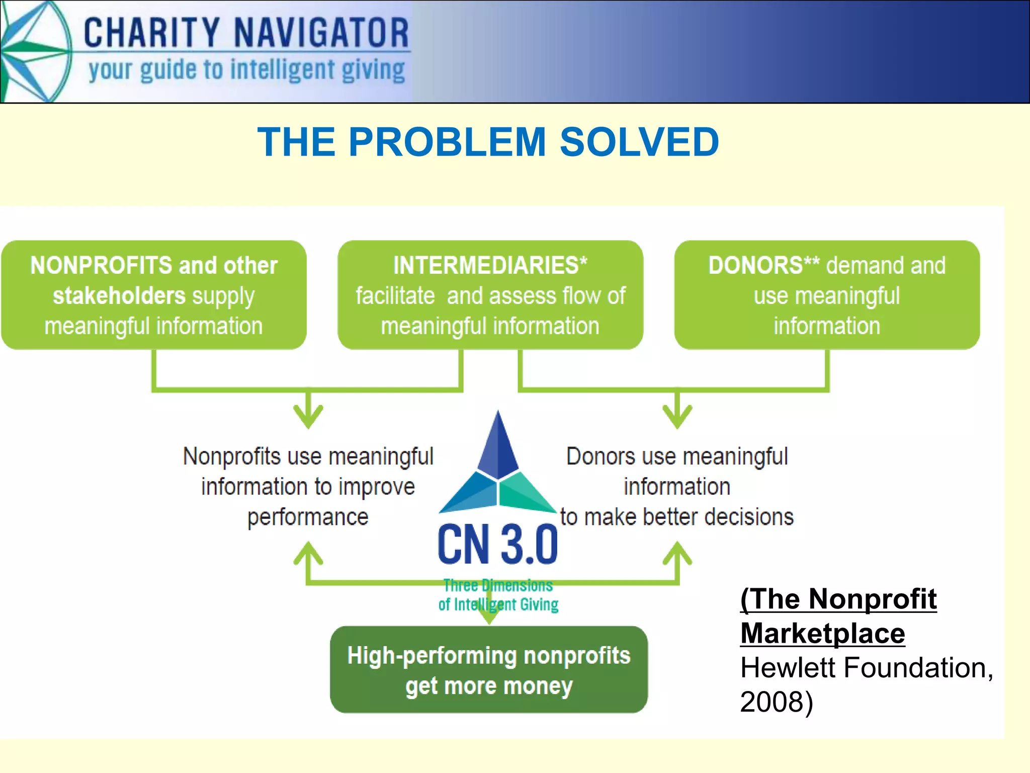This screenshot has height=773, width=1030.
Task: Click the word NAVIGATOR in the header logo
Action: [322, 33]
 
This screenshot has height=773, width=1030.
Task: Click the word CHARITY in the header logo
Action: [151, 33]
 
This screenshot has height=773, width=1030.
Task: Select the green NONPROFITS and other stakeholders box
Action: [154, 295]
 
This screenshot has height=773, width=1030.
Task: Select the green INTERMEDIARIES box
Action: [490, 295]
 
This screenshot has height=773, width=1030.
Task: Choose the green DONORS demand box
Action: [827, 295]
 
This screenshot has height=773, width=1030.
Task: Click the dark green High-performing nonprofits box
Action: [489, 670]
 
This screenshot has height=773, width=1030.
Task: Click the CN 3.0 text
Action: [497, 545]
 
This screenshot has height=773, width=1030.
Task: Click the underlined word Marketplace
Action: [822, 633]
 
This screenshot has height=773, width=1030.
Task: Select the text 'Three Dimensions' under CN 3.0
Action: [498, 586]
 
